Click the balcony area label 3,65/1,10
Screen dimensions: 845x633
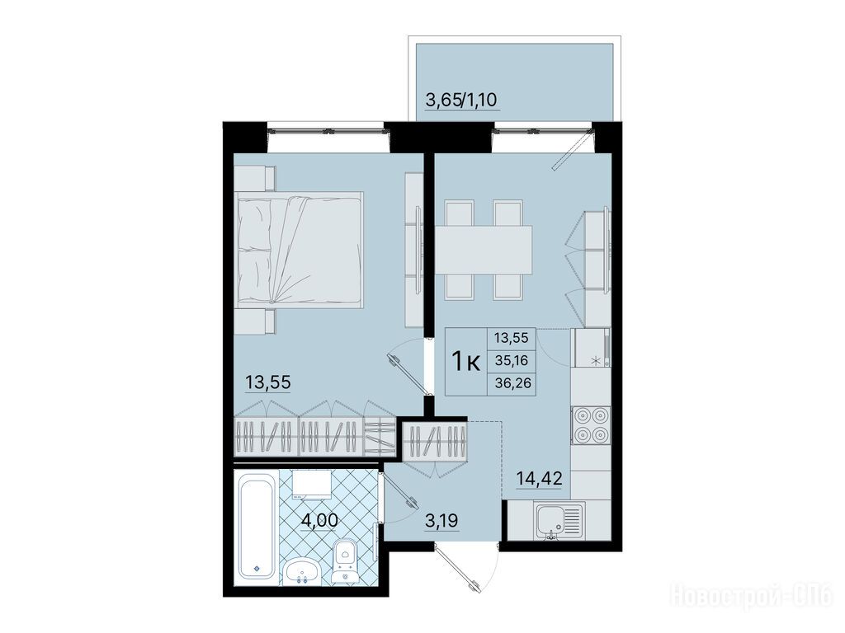click(461, 100)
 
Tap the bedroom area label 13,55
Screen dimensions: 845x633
click(268, 382)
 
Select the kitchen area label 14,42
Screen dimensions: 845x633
click(540, 477)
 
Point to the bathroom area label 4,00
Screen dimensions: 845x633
click(319, 520)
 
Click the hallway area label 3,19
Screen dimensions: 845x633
click(442, 521)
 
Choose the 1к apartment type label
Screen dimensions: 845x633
click(466, 361)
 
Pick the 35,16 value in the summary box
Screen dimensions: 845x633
click(512, 361)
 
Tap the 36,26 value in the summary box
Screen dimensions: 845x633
click(512, 383)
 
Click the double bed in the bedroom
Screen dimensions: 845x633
click(300, 251)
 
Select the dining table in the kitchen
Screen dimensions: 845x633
click(484, 250)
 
